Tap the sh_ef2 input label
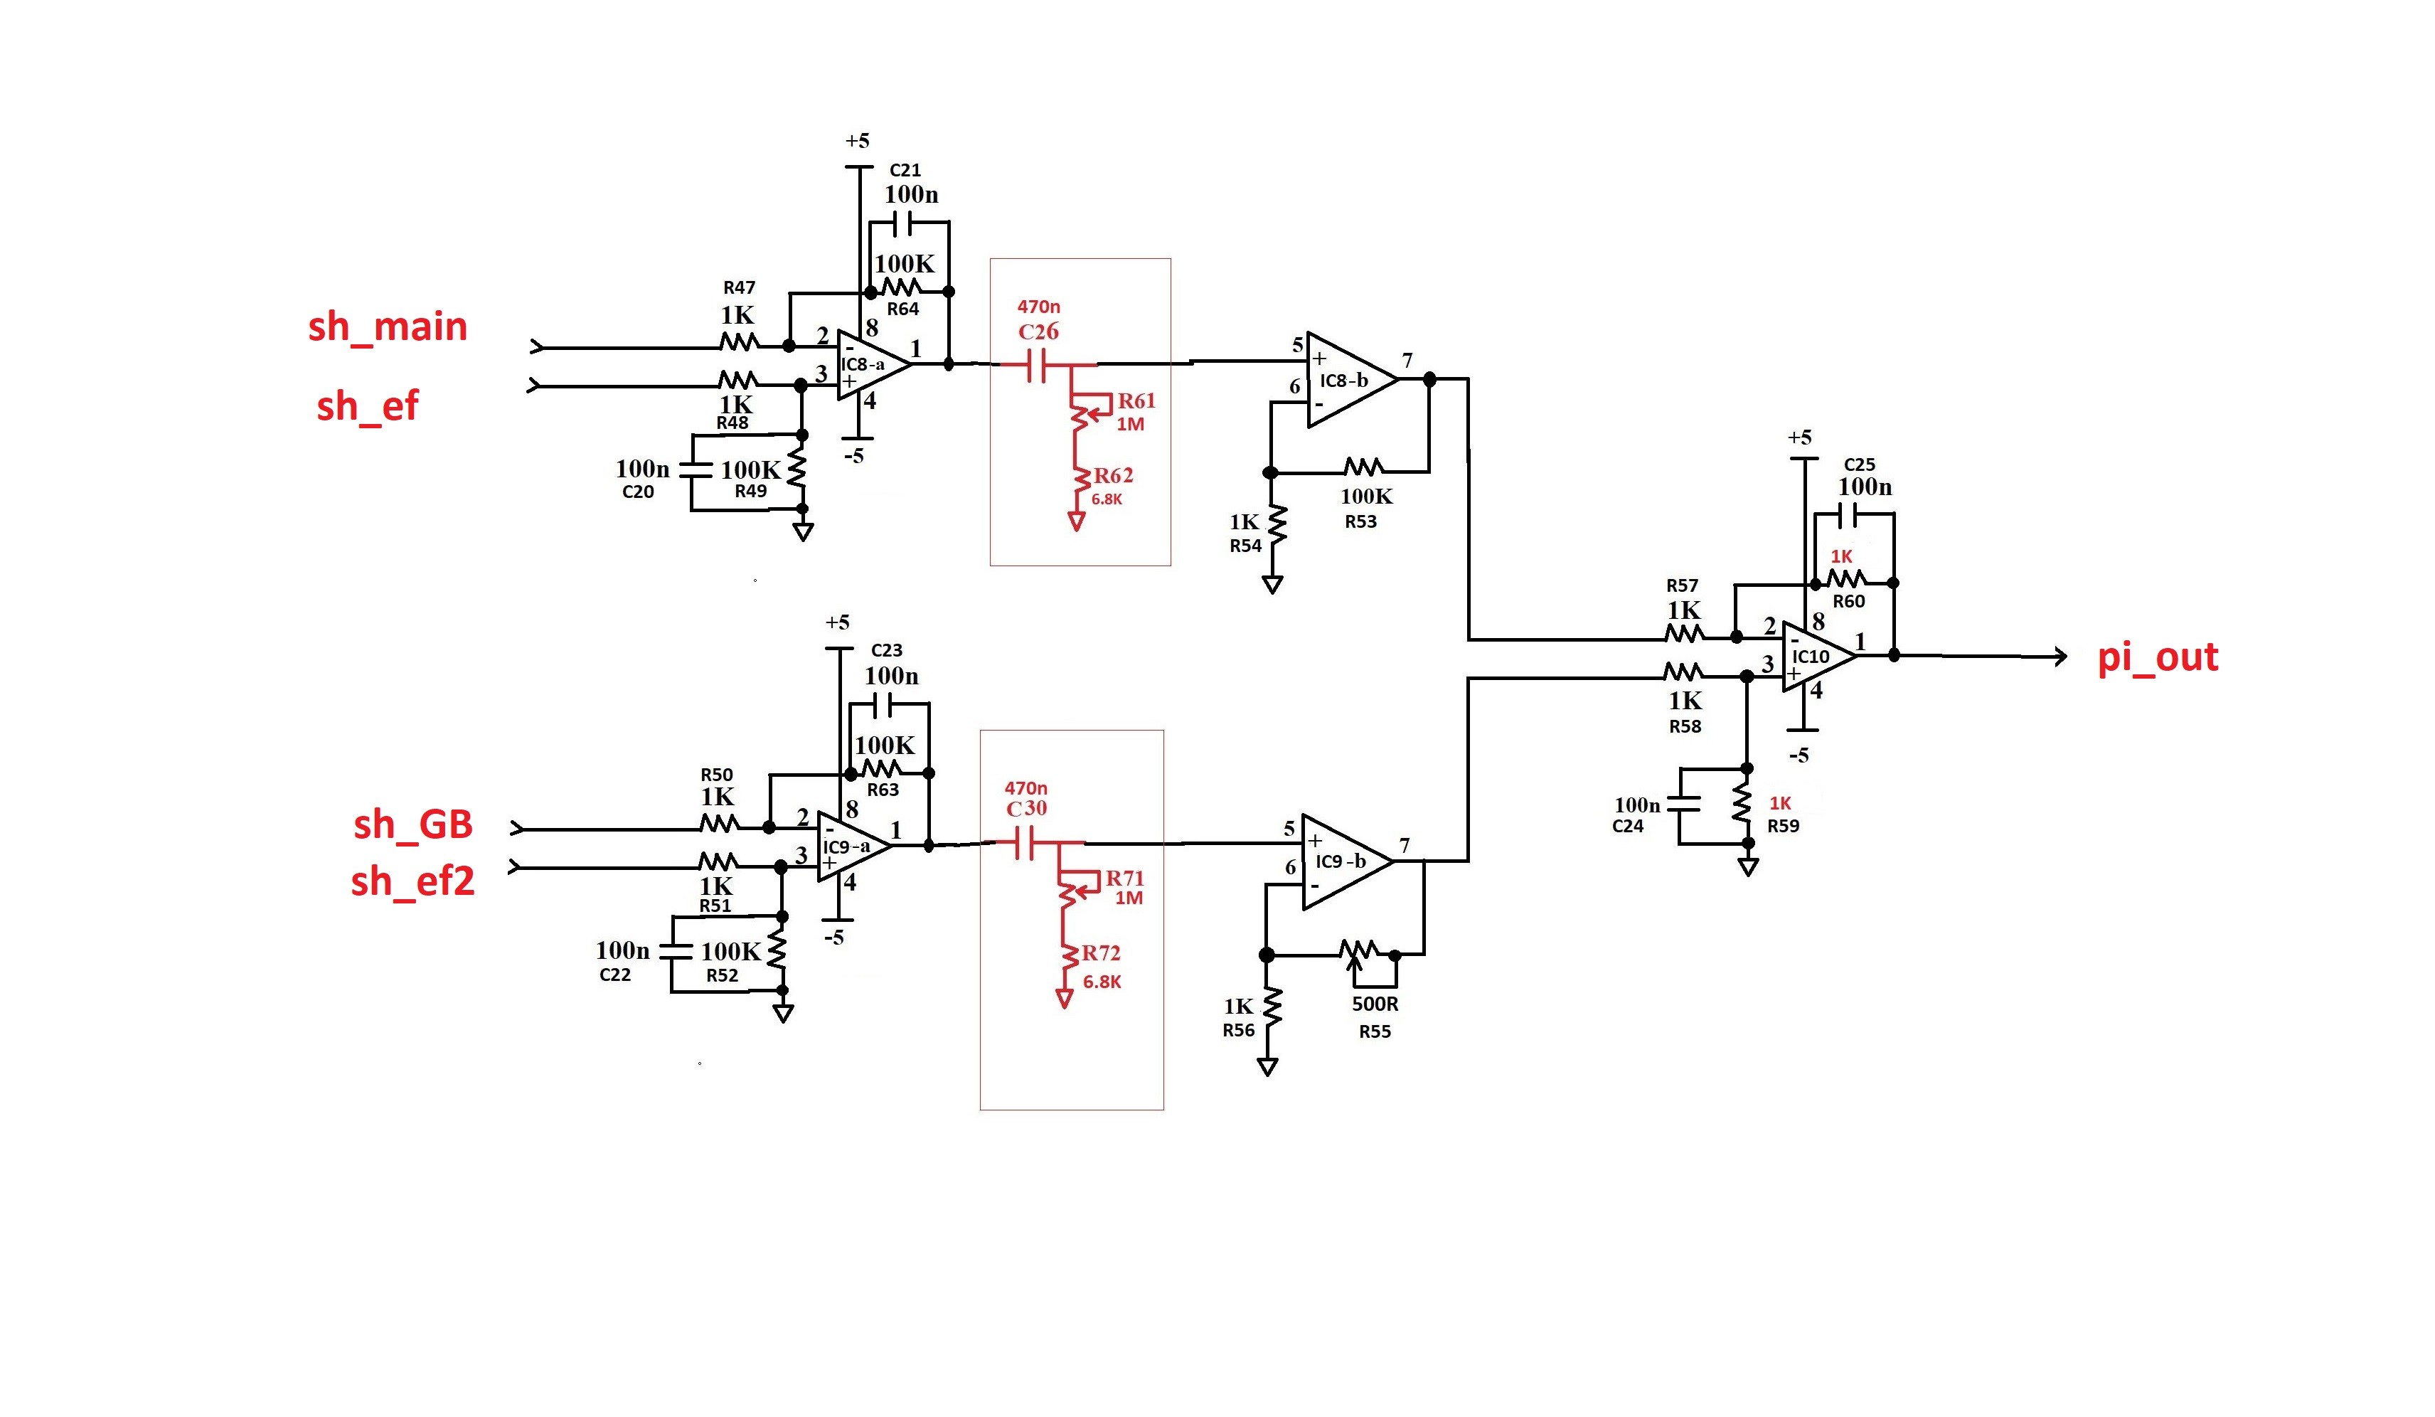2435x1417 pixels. [412, 881]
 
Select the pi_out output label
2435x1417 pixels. [2157, 657]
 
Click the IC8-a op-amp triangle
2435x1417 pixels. [870, 364]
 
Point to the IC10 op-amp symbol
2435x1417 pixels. [1816, 657]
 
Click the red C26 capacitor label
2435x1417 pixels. [1039, 331]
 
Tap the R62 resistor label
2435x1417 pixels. [1113, 476]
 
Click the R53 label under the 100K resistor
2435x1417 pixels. [1360, 522]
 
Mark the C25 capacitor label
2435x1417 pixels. [1859, 465]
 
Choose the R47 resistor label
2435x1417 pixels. [739, 288]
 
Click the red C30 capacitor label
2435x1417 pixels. [1026, 808]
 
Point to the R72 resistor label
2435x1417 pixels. [1101, 953]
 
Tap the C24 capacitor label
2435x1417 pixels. [1627, 827]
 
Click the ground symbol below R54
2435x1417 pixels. [1272, 585]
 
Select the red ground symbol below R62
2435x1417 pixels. [1075, 522]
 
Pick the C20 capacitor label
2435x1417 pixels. [638, 492]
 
